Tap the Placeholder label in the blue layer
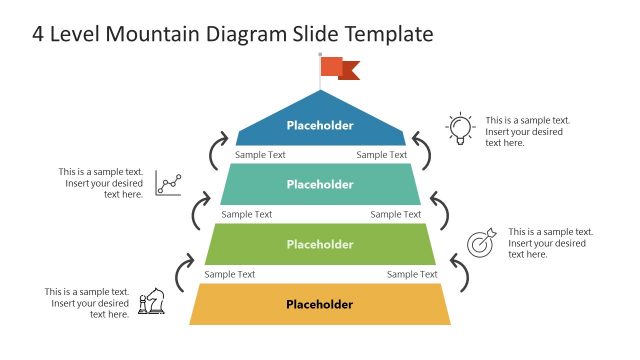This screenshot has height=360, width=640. pos(320,125)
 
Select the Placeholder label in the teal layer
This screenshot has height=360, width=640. pos(320,184)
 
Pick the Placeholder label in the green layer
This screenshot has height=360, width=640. pos(320,244)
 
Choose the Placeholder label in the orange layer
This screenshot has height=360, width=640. pos(320,304)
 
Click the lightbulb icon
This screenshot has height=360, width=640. pos(459,128)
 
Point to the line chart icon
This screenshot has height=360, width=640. pos(168,183)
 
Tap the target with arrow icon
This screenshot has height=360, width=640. pos(481,243)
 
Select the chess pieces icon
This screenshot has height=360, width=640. pos(152,303)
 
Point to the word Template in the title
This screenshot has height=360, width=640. pos(388,34)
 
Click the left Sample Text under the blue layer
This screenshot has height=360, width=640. pos(260,155)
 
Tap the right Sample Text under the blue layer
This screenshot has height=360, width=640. pos(382,155)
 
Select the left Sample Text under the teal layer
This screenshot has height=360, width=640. pos(246,214)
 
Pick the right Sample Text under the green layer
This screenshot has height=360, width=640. pos(412,274)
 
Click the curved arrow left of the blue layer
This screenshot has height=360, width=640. pos(216,150)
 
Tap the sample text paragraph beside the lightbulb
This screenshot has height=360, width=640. pos(527,131)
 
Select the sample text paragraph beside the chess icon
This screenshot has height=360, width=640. pos(87,303)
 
